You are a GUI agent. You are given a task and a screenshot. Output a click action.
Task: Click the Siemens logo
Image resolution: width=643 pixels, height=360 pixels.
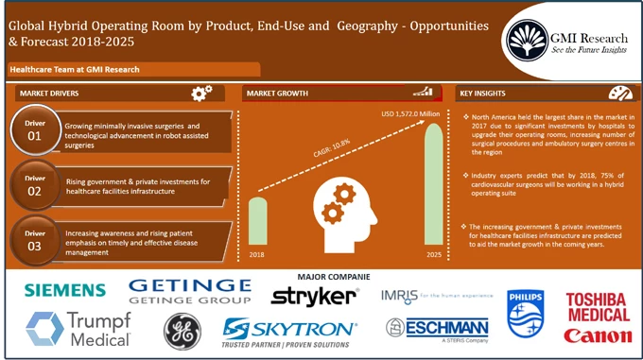(x=65, y=289)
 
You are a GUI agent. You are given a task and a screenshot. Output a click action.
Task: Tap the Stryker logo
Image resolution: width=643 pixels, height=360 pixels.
(x=315, y=297)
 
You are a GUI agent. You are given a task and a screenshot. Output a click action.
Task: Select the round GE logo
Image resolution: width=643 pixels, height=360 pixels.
(x=182, y=331)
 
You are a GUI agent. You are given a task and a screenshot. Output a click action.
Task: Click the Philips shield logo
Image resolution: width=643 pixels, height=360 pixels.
(x=526, y=314)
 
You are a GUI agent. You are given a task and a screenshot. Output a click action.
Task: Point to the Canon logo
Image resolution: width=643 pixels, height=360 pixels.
(x=598, y=336)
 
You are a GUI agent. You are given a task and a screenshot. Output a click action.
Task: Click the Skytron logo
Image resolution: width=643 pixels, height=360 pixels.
(x=289, y=330)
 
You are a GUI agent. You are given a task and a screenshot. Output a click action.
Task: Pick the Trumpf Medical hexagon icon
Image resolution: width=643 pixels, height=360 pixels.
(x=44, y=328)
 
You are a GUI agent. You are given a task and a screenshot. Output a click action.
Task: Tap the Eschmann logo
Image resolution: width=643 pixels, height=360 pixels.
(x=437, y=328)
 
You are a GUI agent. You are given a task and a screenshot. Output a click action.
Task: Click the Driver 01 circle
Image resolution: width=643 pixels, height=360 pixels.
(x=35, y=130)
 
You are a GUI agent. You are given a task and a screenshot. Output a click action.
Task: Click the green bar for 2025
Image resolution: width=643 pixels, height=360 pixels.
(x=434, y=185)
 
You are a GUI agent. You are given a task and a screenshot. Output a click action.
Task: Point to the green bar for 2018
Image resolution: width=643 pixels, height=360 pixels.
(x=257, y=222)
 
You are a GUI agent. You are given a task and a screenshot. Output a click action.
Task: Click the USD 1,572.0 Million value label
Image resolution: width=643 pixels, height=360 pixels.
(x=410, y=114)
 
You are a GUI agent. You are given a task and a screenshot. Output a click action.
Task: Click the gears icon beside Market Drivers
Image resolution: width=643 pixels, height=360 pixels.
(x=201, y=93)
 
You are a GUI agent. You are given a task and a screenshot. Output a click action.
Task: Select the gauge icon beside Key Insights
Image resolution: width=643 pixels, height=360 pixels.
(x=619, y=93)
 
